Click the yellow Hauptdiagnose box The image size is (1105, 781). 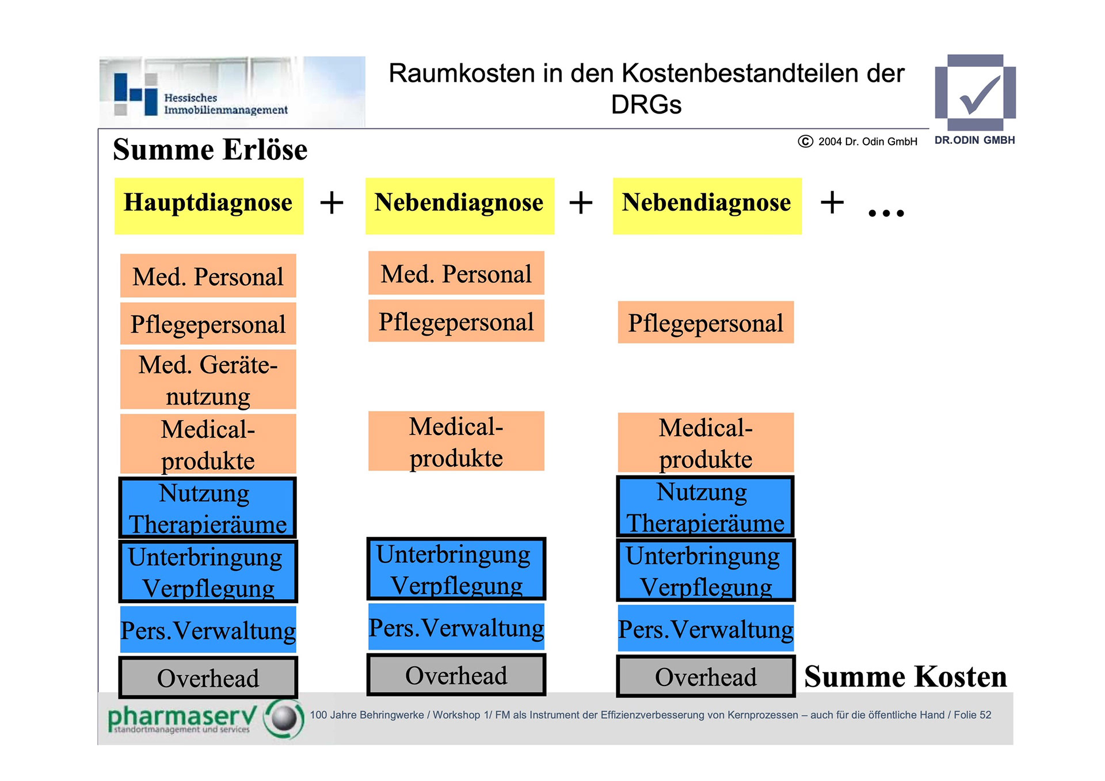[208, 205]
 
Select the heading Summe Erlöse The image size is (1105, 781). [210, 150]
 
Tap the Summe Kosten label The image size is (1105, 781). [905, 677]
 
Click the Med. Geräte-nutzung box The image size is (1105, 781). [208, 380]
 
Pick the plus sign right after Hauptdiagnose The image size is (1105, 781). [331, 203]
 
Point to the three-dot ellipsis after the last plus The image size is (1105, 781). [886, 213]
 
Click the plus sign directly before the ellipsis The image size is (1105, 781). [832, 203]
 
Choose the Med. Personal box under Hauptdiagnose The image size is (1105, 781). [208, 276]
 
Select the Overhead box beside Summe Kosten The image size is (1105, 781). [706, 677]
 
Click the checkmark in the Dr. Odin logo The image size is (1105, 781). [979, 95]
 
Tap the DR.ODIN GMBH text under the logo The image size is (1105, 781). [974, 140]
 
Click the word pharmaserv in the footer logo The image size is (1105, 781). [181, 717]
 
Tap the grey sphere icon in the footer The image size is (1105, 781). [284, 718]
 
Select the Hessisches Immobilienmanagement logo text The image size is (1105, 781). [225, 104]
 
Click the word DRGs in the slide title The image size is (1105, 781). [646, 105]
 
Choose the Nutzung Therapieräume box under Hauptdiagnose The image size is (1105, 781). [208, 508]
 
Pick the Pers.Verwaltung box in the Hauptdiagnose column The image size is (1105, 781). [208, 630]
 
